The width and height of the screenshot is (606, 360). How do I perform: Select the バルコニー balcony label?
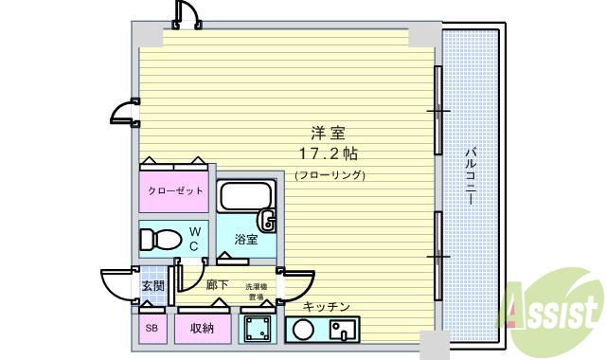click(x=471, y=180)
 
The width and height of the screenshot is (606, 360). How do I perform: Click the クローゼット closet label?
click(x=174, y=190)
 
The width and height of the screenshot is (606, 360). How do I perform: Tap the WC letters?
click(x=194, y=239)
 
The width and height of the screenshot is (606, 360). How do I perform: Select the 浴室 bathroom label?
click(x=245, y=240)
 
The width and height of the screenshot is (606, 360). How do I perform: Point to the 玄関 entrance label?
click(x=153, y=285)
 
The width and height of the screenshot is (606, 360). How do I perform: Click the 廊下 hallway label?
click(x=216, y=285)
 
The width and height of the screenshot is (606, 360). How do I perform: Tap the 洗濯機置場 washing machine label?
click(x=257, y=291)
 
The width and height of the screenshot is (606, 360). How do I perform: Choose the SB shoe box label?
click(x=151, y=329)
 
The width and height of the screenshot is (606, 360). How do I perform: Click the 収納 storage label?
click(x=201, y=329)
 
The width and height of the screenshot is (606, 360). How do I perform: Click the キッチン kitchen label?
click(x=327, y=306)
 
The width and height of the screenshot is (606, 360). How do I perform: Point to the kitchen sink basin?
click(x=341, y=331)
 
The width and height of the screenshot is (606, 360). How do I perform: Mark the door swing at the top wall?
click(x=186, y=13)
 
